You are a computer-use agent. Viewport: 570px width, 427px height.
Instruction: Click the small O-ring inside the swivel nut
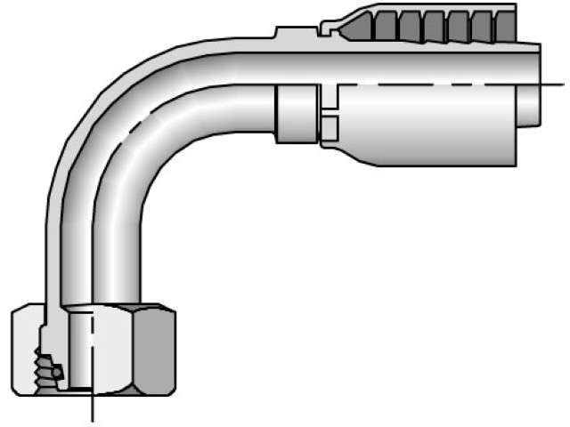57,373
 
